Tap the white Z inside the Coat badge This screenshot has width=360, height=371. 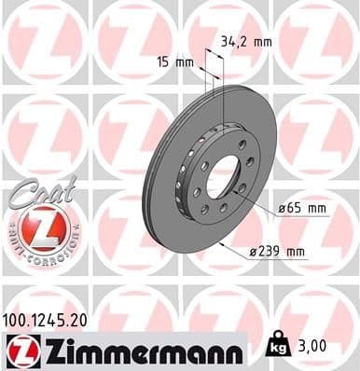click(x=39, y=227)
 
